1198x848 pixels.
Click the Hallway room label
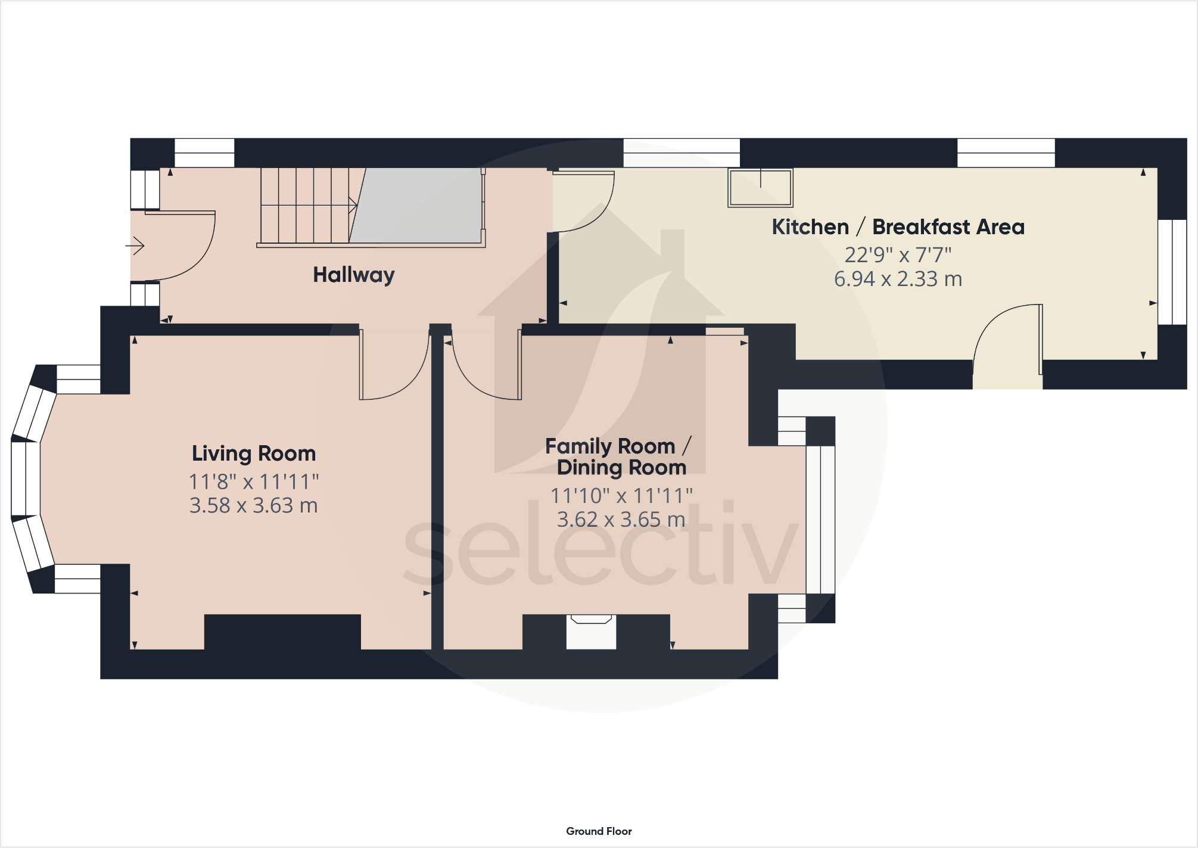pyautogui.click(x=354, y=275)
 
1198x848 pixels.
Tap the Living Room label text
pyautogui.click(x=254, y=453)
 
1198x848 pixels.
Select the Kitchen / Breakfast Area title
pyautogui.click(x=898, y=227)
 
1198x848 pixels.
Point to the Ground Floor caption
pyautogui.click(x=599, y=831)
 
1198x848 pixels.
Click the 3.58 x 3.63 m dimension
pyautogui.click(x=254, y=506)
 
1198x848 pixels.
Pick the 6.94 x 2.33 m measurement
pyautogui.click(x=898, y=279)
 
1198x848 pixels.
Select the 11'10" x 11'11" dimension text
pyautogui.click(x=621, y=495)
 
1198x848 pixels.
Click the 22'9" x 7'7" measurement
pyautogui.click(x=898, y=255)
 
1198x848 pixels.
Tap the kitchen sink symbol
pyautogui.click(x=760, y=188)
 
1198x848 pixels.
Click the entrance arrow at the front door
pyautogui.click(x=135, y=246)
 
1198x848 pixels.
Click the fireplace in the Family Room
pyautogui.click(x=591, y=632)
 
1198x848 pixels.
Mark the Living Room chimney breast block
pyautogui.click(x=282, y=632)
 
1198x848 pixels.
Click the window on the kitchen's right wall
pyautogui.click(x=1172, y=272)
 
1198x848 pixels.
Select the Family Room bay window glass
pyautogui.click(x=821, y=520)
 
